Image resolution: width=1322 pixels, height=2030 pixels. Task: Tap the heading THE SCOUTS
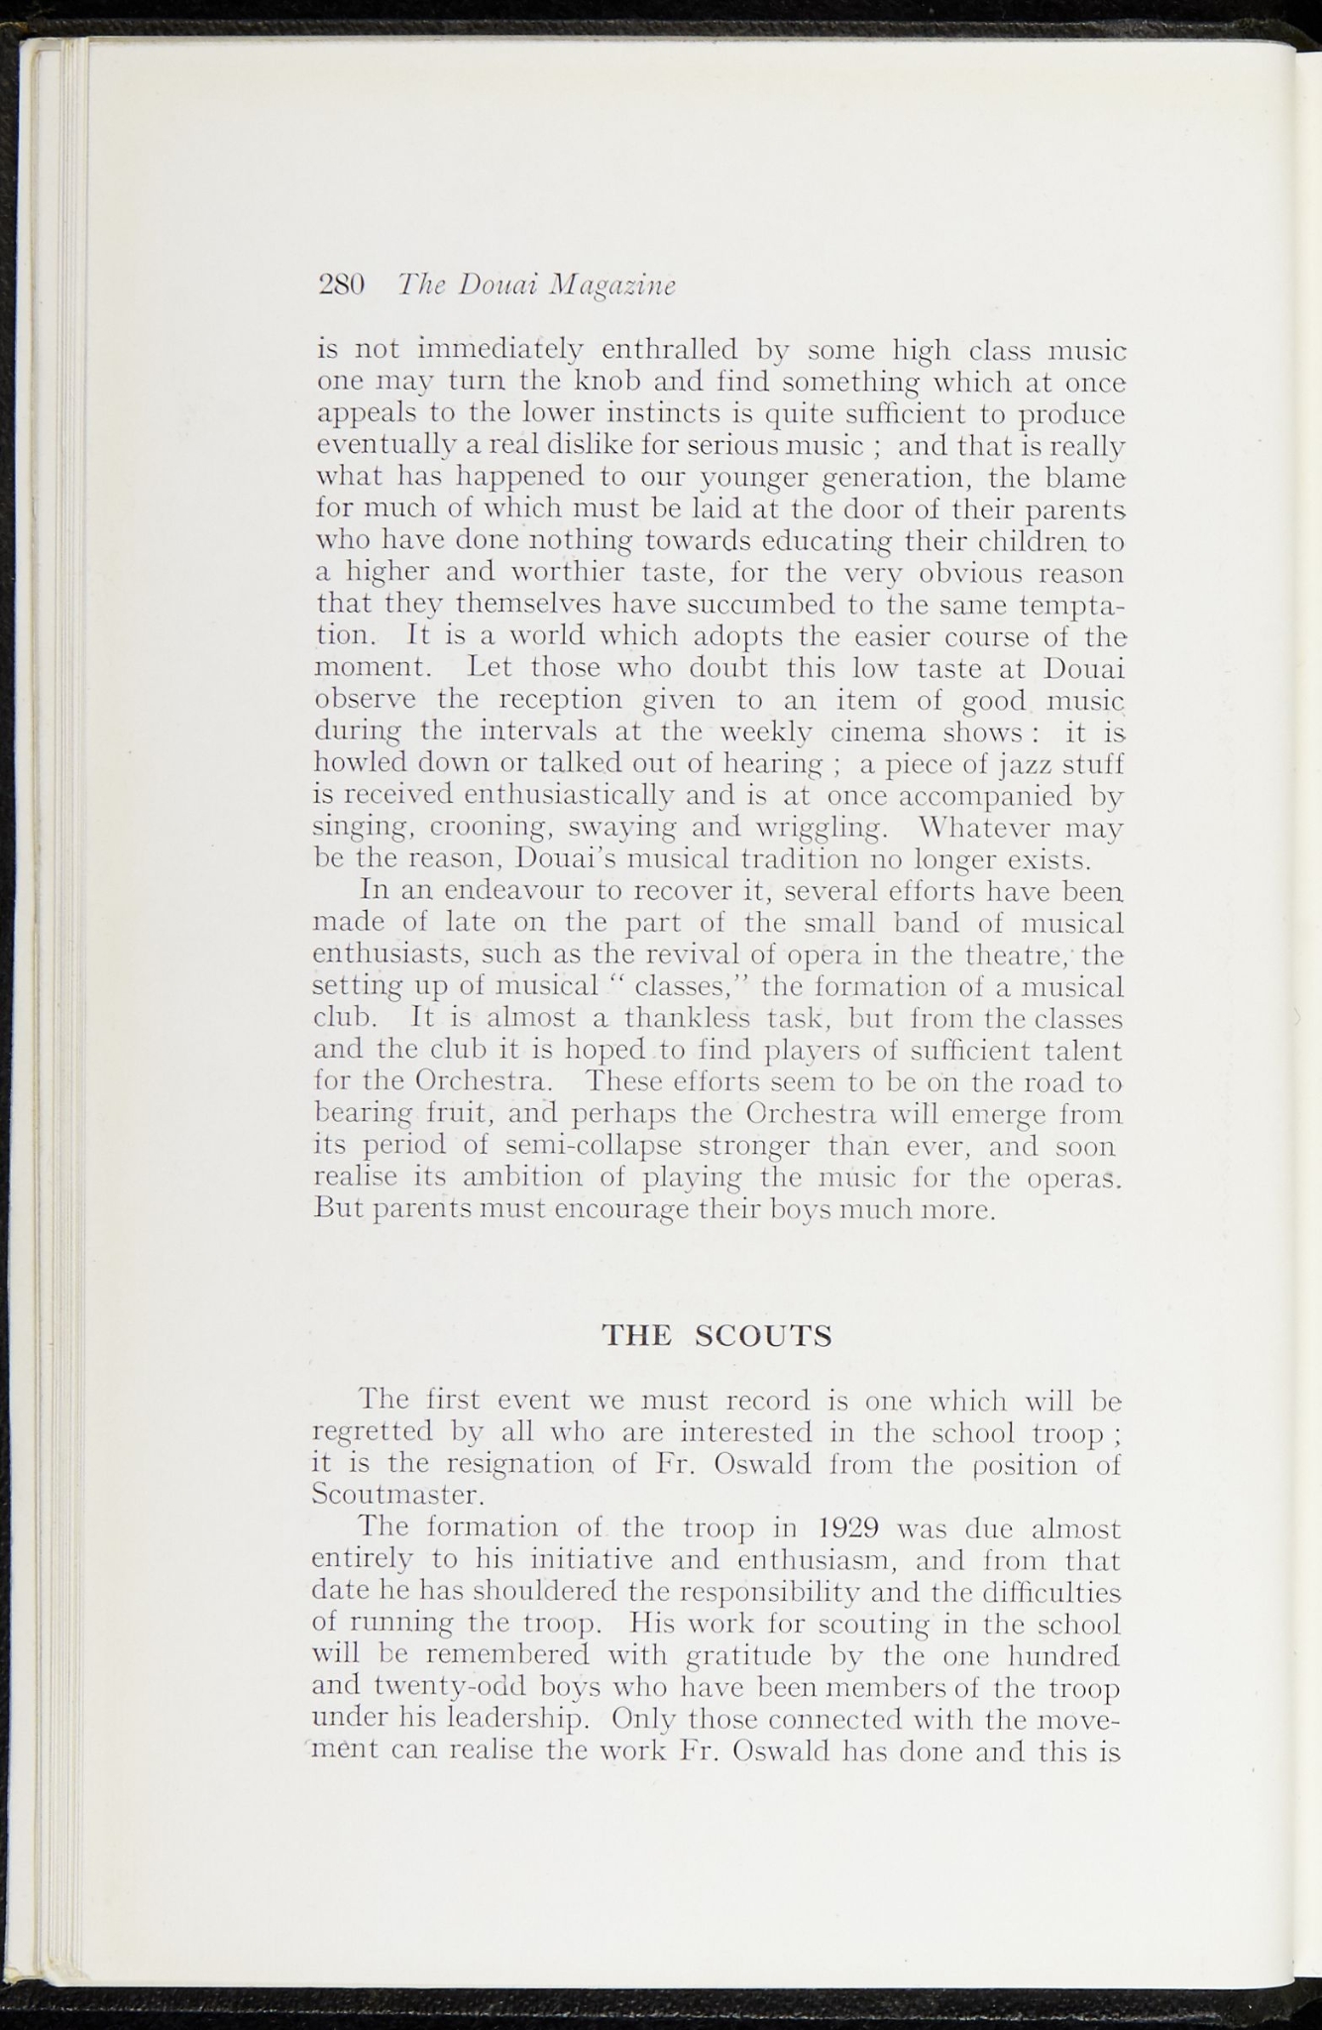[x=717, y=1336]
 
